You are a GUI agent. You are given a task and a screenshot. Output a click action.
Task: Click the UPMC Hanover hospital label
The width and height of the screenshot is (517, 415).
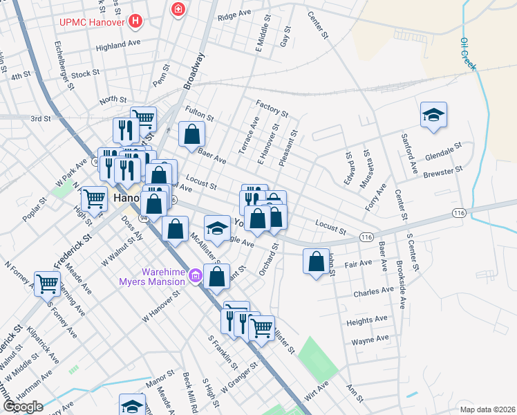(x=90, y=21)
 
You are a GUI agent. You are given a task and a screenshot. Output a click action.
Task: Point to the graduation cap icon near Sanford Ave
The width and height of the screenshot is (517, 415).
(x=433, y=115)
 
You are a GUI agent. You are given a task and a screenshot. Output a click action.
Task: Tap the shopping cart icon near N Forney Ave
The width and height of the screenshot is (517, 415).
(x=47, y=282)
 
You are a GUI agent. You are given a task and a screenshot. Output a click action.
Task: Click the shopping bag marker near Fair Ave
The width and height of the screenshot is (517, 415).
(x=316, y=262)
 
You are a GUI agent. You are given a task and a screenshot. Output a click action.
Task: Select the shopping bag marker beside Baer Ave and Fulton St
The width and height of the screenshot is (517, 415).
(x=191, y=134)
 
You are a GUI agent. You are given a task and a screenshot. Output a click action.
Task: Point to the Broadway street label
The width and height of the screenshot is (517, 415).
(x=194, y=72)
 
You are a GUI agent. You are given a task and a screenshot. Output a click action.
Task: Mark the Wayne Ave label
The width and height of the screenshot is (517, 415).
(x=369, y=340)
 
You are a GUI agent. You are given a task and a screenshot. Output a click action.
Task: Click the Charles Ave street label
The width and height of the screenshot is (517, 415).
(x=373, y=293)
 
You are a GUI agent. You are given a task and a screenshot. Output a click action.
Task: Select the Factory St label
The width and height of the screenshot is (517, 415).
(x=271, y=108)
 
